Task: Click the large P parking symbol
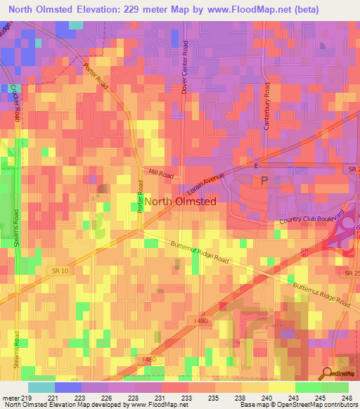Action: coord(265,181)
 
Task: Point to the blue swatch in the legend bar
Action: coord(68,387)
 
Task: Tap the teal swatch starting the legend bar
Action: coord(41,387)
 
